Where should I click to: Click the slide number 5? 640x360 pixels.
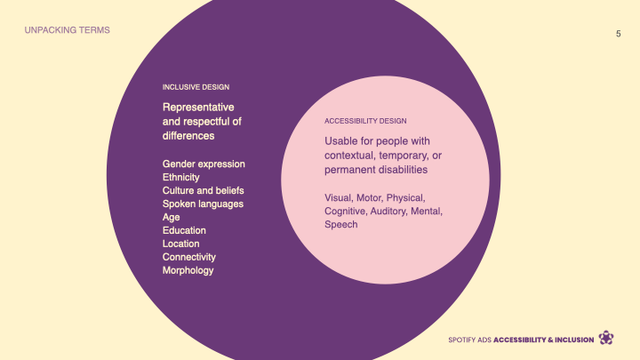(618, 34)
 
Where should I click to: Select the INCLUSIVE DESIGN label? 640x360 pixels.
(196, 87)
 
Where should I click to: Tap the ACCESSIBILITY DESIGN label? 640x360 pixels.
(366, 121)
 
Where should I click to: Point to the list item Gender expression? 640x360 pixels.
(204, 164)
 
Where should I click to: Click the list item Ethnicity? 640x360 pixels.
(181, 178)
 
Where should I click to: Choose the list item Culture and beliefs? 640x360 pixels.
(203, 191)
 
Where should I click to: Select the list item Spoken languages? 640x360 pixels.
(203, 204)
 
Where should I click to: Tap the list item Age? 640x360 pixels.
(172, 217)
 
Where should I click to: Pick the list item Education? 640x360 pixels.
(184, 230)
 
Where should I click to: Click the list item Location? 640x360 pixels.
(181, 244)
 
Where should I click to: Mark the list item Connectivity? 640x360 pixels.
(189, 257)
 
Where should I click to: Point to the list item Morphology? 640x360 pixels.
(188, 270)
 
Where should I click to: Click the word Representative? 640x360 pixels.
(198, 107)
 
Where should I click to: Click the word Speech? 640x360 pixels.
(340, 225)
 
